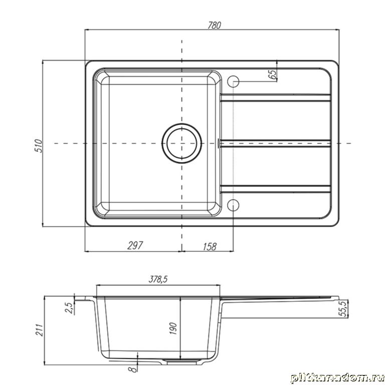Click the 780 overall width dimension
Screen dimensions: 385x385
click(215, 25)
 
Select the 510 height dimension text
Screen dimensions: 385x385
click(39, 146)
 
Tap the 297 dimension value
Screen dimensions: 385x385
click(135, 245)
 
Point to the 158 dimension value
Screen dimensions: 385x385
click(210, 247)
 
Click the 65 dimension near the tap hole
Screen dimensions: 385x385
click(272, 74)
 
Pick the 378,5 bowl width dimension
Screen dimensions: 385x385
click(158, 279)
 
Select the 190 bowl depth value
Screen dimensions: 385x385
click(173, 328)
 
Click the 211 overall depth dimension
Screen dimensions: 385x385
click(39, 330)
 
